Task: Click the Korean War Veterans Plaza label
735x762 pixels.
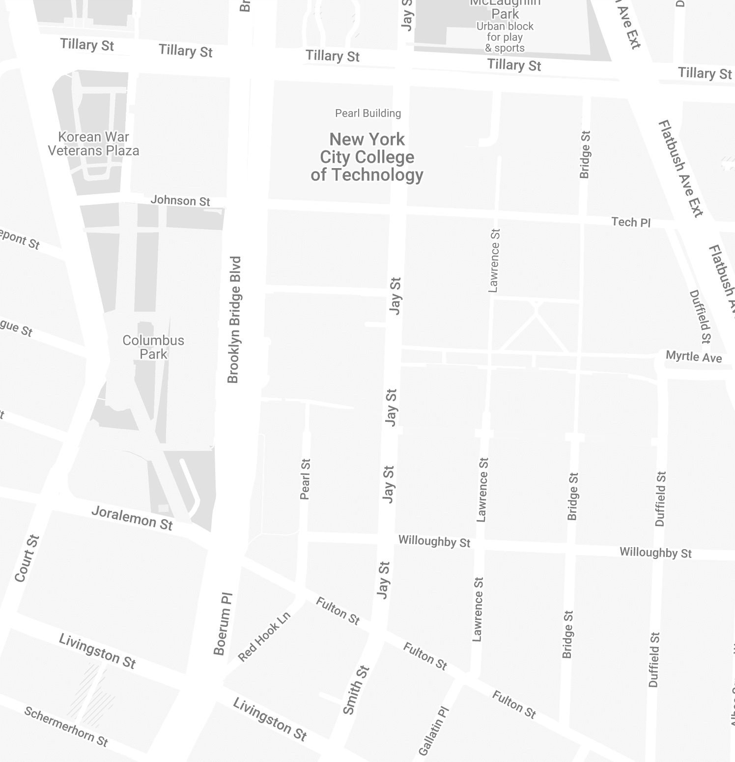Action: [93, 144]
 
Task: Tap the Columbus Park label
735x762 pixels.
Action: [153, 347]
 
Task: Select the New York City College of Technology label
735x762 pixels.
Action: [367, 157]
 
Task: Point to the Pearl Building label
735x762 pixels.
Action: [368, 113]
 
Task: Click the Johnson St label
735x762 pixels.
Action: [180, 200]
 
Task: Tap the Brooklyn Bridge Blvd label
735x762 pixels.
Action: [234, 320]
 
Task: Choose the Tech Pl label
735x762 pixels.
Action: [631, 222]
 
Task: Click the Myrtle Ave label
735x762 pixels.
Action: [694, 356]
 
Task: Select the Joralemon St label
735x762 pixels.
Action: [132, 519]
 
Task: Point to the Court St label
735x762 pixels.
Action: [27, 558]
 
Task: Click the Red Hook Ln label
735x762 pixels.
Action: [264, 637]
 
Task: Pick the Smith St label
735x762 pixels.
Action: [356, 690]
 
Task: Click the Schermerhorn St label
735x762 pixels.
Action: [66, 726]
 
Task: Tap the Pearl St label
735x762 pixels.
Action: [305, 479]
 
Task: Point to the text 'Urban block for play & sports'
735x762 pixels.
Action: [505, 37]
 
